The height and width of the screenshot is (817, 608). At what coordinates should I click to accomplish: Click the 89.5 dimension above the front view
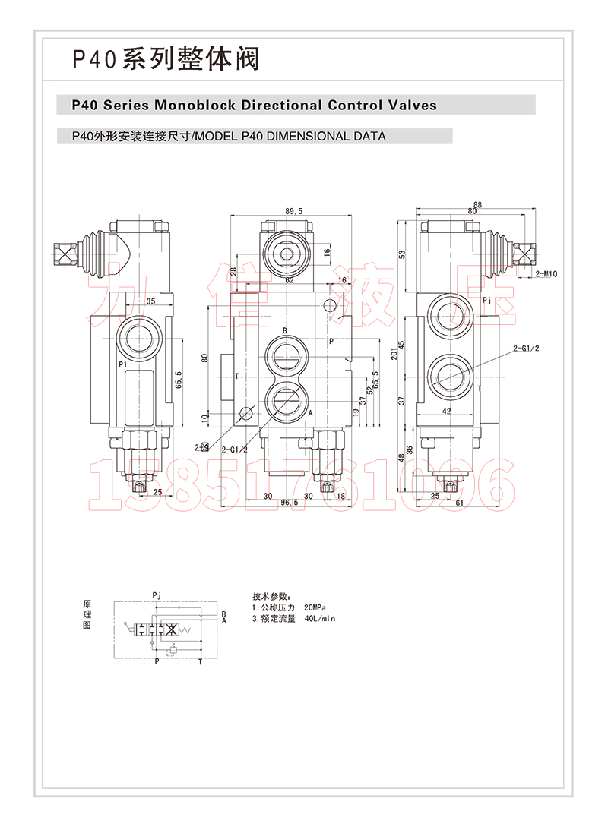coord(295,211)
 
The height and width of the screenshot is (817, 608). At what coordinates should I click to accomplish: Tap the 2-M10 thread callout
coord(546,273)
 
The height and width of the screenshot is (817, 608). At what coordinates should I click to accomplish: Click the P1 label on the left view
coord(122,365)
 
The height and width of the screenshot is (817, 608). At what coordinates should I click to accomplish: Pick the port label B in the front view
coord(284,331)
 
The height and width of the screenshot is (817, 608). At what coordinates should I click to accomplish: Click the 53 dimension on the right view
coord(402,254)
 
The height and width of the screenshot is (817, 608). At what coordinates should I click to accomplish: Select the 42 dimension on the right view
coord(447,411)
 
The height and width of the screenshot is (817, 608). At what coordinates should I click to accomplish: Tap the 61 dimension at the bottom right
coord(460,503)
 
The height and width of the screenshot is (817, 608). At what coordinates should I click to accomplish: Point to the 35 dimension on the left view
coord(150,301)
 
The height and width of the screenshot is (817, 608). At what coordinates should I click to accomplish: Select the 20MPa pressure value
coord(315,608)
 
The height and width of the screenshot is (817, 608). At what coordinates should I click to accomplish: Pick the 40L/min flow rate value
coord(319,619)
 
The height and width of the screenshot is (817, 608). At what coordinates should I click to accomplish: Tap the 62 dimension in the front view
coord(290,280)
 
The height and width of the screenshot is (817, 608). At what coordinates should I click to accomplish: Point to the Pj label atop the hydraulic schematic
coord(157,594)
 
